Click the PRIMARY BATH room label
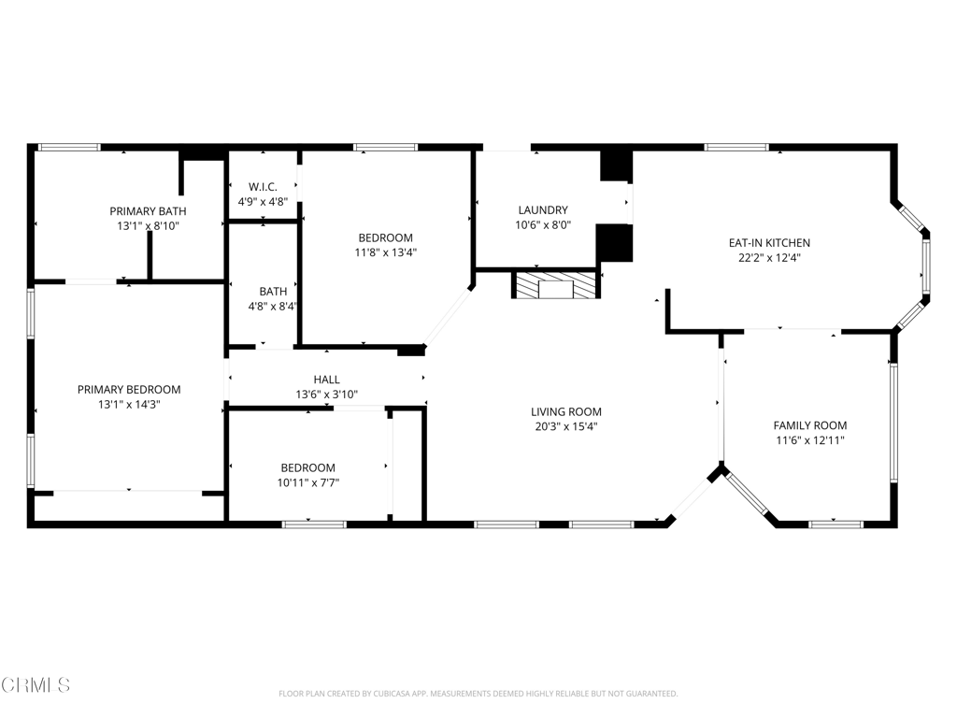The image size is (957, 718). pyautogui.click(x=148, y=211)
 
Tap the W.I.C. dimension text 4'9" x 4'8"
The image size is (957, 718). pyautogui.click(x=263, y=201)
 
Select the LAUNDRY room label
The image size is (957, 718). pyautogui.click(x=542, y=210)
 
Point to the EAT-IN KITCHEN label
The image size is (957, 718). pyautogui.click(x=769, y=243)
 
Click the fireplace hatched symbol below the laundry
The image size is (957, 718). pyautogui.click(x=554, y=285)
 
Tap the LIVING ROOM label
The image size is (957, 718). pyautogui.click(x=565, y=411)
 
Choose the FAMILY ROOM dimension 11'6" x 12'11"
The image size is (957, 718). pyautogui.click(x=809, y=440)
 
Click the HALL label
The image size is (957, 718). pyautogui.click(x=326, y=380)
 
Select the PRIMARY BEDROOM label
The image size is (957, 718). pyautogui.click(x=129, y=390)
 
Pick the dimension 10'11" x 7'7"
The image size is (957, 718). pyautogui.click(x=307, y=482)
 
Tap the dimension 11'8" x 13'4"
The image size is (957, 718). pyautogui.click(x=384, y=251)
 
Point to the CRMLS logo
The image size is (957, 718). pyautogui.click(x=36, y=685)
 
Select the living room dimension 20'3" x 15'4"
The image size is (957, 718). pyautogui.click(x=565, y=426)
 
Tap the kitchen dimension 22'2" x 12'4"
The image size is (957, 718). pyautogui.click(x=769, y=258)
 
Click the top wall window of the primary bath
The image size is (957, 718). pyautogui.click(x=68, y=147)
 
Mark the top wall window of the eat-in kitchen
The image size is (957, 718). pyautogui.click(x=736, y=147)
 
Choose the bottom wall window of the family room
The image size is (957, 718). pyautogui.click(x=835, y=524)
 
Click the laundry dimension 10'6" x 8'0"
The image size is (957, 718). pyautogui.click(x=542, y=225)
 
